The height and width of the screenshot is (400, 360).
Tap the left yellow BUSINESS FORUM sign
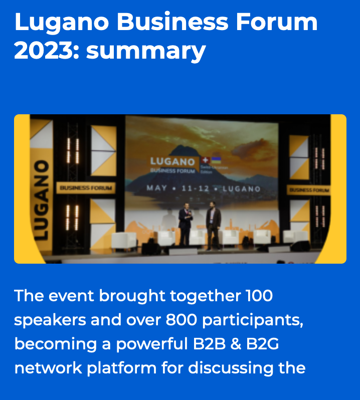[x=86, y=188]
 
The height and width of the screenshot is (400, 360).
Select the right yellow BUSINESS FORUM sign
[x=309, y=190]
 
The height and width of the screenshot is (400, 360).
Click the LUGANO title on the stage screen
[x=172, y=161]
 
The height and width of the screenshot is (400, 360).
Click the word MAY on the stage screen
[x=156, y=189]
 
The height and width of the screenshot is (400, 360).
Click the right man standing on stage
[x=214, y=224]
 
